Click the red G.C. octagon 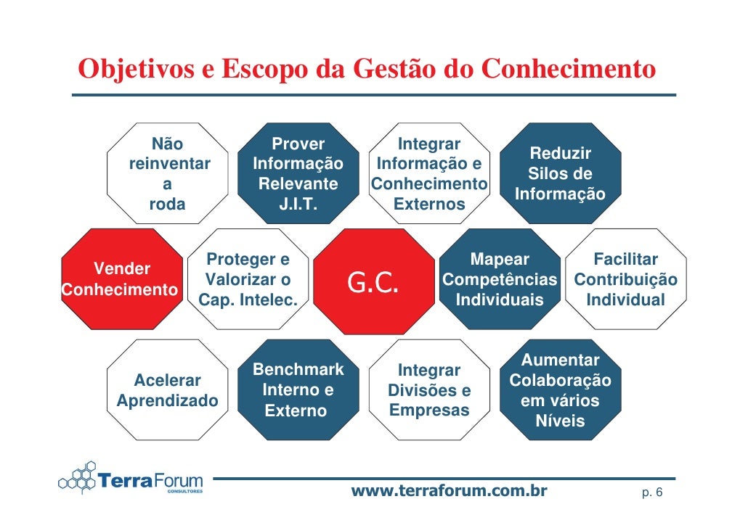[373, 281]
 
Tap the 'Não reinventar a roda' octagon [168, 174]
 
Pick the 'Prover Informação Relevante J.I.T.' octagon [298, 174]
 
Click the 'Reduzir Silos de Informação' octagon [560, 174]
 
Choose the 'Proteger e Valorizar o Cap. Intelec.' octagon [248, 280]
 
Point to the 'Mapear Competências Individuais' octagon [500, 280]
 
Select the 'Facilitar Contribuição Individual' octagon [625, 280]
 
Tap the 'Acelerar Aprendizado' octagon [168, 390]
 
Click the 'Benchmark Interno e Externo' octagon [298, 390]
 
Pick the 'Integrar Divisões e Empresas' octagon [429, 390]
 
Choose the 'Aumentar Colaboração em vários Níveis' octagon [560, 390]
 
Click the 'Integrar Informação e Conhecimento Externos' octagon [429, 174]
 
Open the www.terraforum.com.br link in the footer [449, 491]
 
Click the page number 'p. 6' [651, 493]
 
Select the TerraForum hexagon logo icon [78, 478]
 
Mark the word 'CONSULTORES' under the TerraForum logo [185, 491]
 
